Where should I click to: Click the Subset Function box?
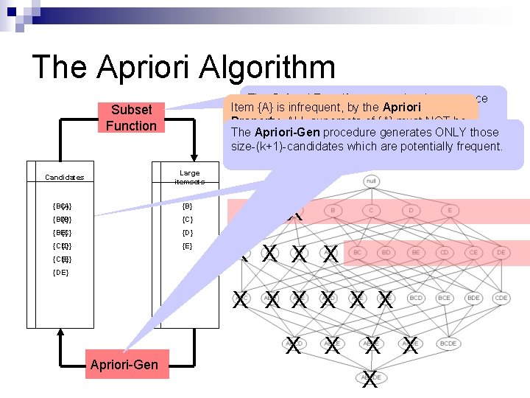pos(130,117)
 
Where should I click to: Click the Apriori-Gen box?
pos(124,364)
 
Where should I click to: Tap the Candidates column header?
pos(64,177)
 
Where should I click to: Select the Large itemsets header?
pos(189,177)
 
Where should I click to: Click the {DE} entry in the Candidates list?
pos(61,273)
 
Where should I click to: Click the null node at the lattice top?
pos(371,181)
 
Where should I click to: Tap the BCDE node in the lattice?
pos(449,343)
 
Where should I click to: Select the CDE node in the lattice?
pos(501,298)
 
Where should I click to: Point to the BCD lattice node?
pos(415,298)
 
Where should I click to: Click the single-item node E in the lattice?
pos(449,210)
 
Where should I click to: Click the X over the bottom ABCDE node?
pos(370,380)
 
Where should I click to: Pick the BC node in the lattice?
pos(358,253)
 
